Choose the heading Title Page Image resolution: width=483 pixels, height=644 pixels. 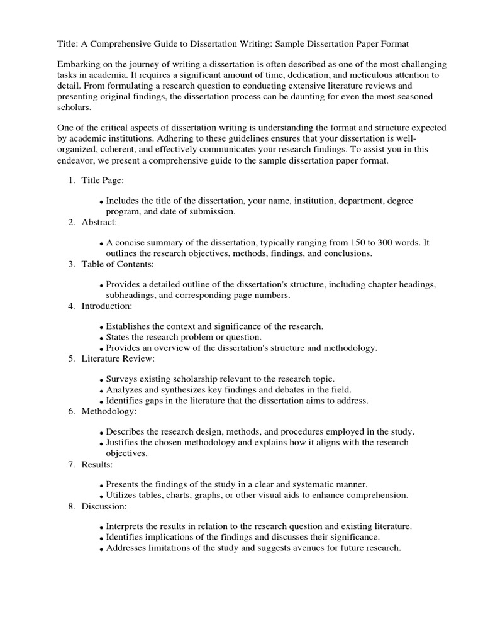click(x=103, y=180)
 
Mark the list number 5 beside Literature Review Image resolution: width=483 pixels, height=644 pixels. click(x=71, y=358)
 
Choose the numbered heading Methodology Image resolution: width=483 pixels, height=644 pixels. click(x=108, y=411)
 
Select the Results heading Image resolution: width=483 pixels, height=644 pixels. click(x=97, y=464)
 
